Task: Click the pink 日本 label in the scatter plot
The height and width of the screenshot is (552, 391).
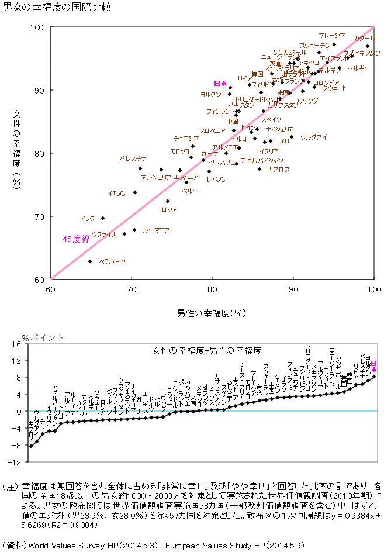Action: pos(220,84)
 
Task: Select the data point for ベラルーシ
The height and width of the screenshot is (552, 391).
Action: pos(90,261)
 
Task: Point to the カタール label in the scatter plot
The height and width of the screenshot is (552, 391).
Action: pos(365,38)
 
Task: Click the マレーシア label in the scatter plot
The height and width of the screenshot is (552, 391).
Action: pos(331,36)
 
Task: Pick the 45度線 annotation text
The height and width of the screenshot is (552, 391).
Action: pos(76,239)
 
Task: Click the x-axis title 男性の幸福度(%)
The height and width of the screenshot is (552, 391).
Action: pos(211,313)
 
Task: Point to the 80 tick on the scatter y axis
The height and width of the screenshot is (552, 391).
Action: pos(41,153)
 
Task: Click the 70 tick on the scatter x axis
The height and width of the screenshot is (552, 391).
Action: pos(132,289)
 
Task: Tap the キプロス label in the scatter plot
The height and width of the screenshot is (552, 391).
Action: pos(278,169)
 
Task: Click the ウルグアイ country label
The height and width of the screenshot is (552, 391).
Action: pos(313,137)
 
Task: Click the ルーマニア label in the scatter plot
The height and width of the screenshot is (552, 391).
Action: pos(156,230)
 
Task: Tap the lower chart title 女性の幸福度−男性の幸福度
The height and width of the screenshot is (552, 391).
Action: pos(206,351)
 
